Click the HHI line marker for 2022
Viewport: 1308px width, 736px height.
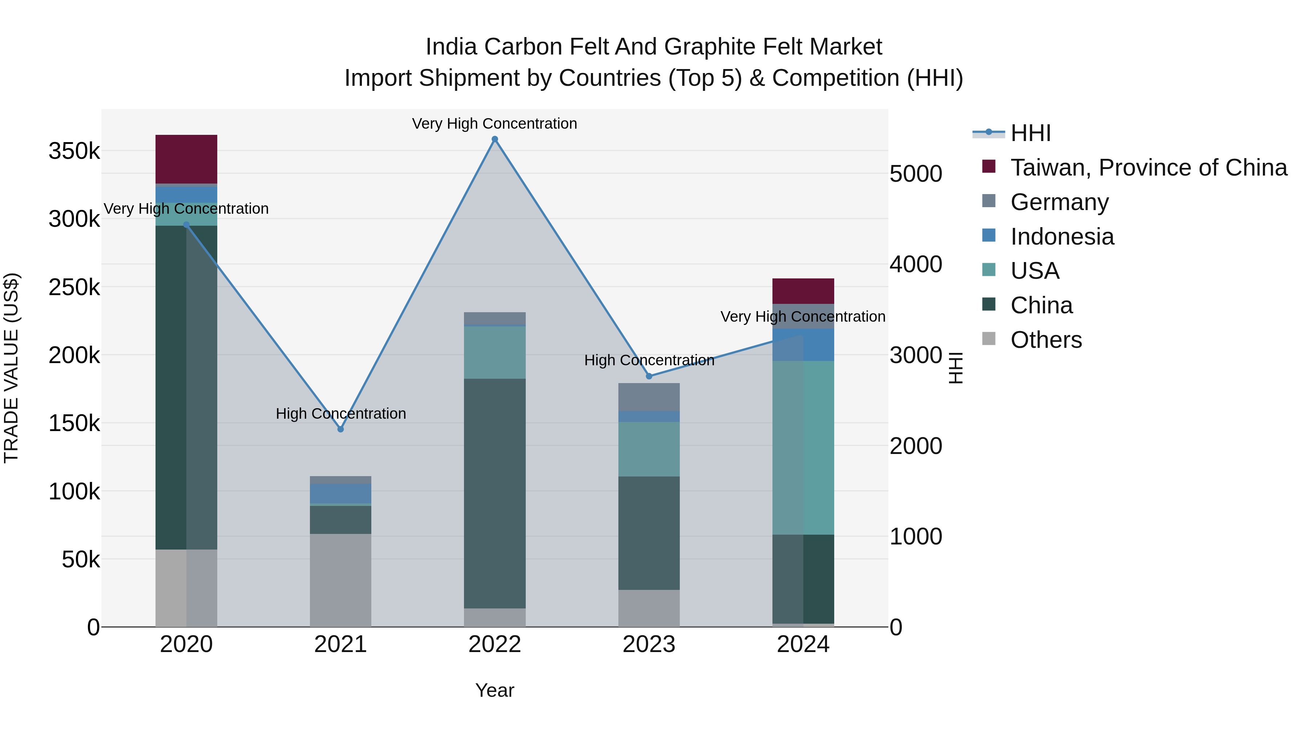tap(494, 139)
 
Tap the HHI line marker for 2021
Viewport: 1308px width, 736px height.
tap(341, 429)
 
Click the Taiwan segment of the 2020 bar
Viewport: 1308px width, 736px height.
tap(186, 159)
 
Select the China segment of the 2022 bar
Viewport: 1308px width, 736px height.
tap(494, 493)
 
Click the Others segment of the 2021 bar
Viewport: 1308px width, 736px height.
tap(341, 580)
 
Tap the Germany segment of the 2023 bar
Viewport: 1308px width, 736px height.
tap(649, 397)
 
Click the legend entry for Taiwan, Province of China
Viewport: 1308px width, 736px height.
tap(1148, 168)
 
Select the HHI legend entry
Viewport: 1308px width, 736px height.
tap(1030, 133)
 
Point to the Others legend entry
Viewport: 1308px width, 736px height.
tap(1046, 340)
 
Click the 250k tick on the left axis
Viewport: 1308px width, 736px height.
tap(74, 287)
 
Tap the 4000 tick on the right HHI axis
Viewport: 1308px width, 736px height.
tap(916, 264)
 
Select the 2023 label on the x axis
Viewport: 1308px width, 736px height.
tap(649, 644)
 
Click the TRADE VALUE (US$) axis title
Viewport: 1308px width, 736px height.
tap(11, 368)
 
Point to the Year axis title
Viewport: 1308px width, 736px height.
tap(494, 690)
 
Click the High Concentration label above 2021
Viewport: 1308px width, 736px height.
tap(341, 414)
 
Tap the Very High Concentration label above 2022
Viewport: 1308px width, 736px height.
tap(494, 124)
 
